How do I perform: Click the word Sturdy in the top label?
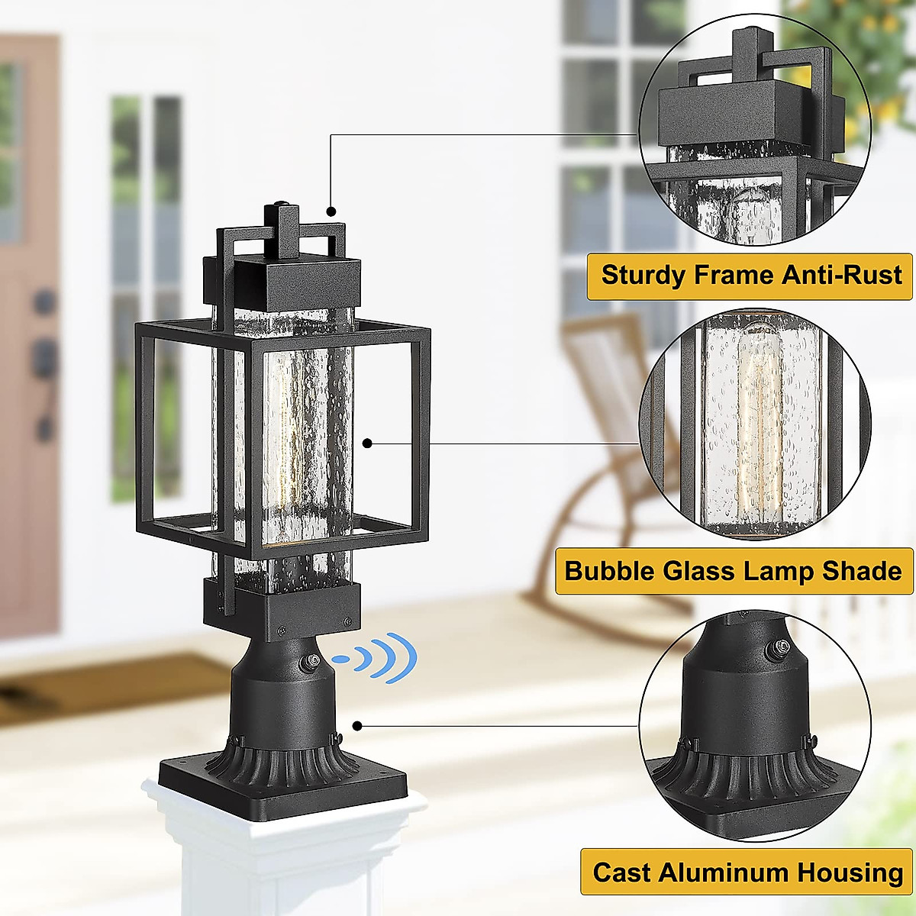click(x=643, y=275)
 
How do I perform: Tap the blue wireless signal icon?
click(x=379, y=657)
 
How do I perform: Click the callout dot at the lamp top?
click(x=331, y=211)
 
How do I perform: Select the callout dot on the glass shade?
click(x=367, y=443)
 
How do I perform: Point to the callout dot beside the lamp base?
click(x=356, y=725)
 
